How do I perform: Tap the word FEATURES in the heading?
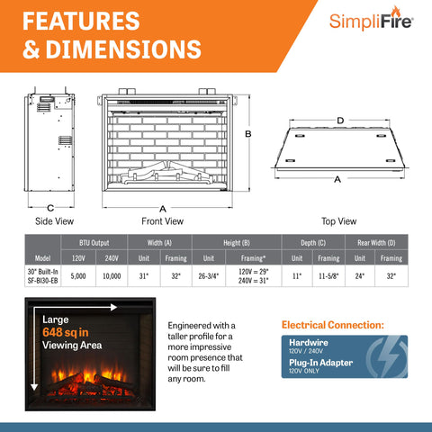(80, 20)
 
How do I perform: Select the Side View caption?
(54, 220)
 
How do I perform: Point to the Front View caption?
(163, 220)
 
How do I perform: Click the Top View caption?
(338, 220)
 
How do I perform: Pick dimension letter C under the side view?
(50, 208)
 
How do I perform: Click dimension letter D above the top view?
(340, 120)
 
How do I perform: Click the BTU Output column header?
(94, 242)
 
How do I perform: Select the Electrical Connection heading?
(332, 324)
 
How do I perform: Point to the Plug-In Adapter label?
(321, 362)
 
